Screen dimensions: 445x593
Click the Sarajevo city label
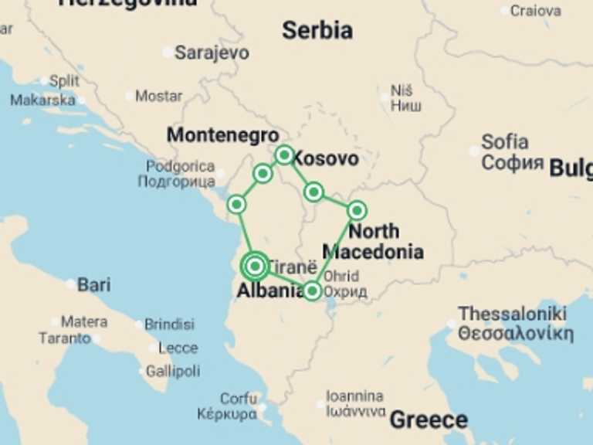pos(212,53)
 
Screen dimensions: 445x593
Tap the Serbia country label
pos(317,31)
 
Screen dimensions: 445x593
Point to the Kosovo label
pos(326,159)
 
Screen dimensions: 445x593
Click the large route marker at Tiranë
pos(255,267)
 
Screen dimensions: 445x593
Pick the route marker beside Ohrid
pos(312,291)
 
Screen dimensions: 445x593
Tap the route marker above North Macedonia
pos(357,210)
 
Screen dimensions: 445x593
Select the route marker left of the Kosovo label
pos(284,155)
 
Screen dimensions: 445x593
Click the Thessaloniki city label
pos(512,314)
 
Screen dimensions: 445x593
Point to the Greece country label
pos(429,420)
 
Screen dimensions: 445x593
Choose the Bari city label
pos(93,285)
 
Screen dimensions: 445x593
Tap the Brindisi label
pos(170,324)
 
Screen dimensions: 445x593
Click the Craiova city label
pos(535,11)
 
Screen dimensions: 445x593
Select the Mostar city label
pos(158,97)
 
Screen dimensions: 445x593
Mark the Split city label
pos(63,81)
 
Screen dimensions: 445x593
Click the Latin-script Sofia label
pos(505,142)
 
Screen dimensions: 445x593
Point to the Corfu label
pos(239,399)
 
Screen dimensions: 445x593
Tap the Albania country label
pos(269,291)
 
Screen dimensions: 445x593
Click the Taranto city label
pos(64,338)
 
